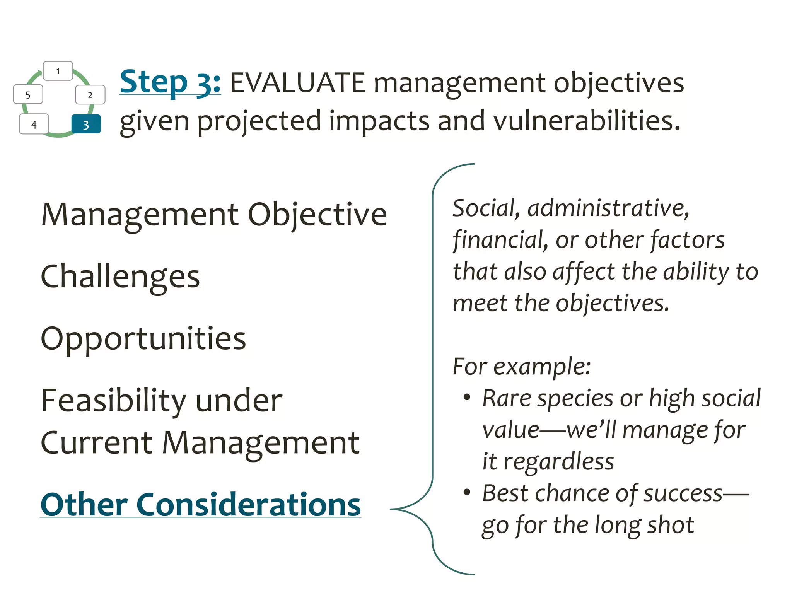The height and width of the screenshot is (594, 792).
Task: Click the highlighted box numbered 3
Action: [86, 124]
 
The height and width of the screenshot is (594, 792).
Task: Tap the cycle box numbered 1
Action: [58, 71]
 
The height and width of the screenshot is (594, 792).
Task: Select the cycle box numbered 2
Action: [90, 95]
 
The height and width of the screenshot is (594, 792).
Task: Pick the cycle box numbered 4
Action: [34, 124]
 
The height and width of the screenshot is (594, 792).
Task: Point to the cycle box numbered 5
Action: [28, 95]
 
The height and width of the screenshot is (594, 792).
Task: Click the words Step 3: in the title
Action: [170, 82]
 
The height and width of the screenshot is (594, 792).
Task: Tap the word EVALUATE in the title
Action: [297, 83]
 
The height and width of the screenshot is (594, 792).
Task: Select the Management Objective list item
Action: [214, 215]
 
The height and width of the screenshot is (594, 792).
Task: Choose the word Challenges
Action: [120, 277]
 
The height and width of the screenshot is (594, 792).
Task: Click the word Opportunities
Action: [143, 339]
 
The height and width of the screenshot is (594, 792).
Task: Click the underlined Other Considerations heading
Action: [200, 505]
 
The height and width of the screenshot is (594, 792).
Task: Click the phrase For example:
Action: [521, 366]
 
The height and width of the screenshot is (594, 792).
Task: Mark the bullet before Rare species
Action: [467, 397]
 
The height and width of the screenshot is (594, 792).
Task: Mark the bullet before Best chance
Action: [467, 492]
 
